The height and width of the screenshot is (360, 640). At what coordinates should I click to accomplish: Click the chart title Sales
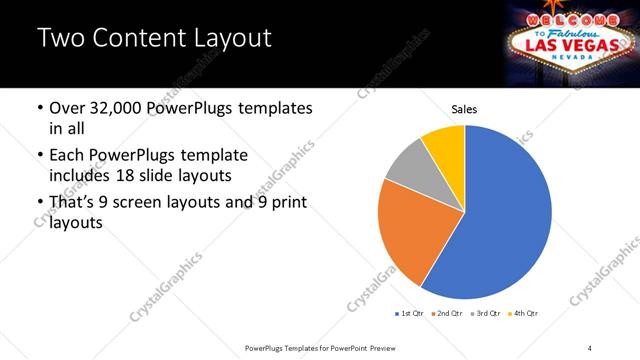coord(464,109)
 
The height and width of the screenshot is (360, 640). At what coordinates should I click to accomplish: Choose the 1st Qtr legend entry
coord(410,313)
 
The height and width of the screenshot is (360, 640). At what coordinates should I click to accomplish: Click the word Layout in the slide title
coord(222,39)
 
